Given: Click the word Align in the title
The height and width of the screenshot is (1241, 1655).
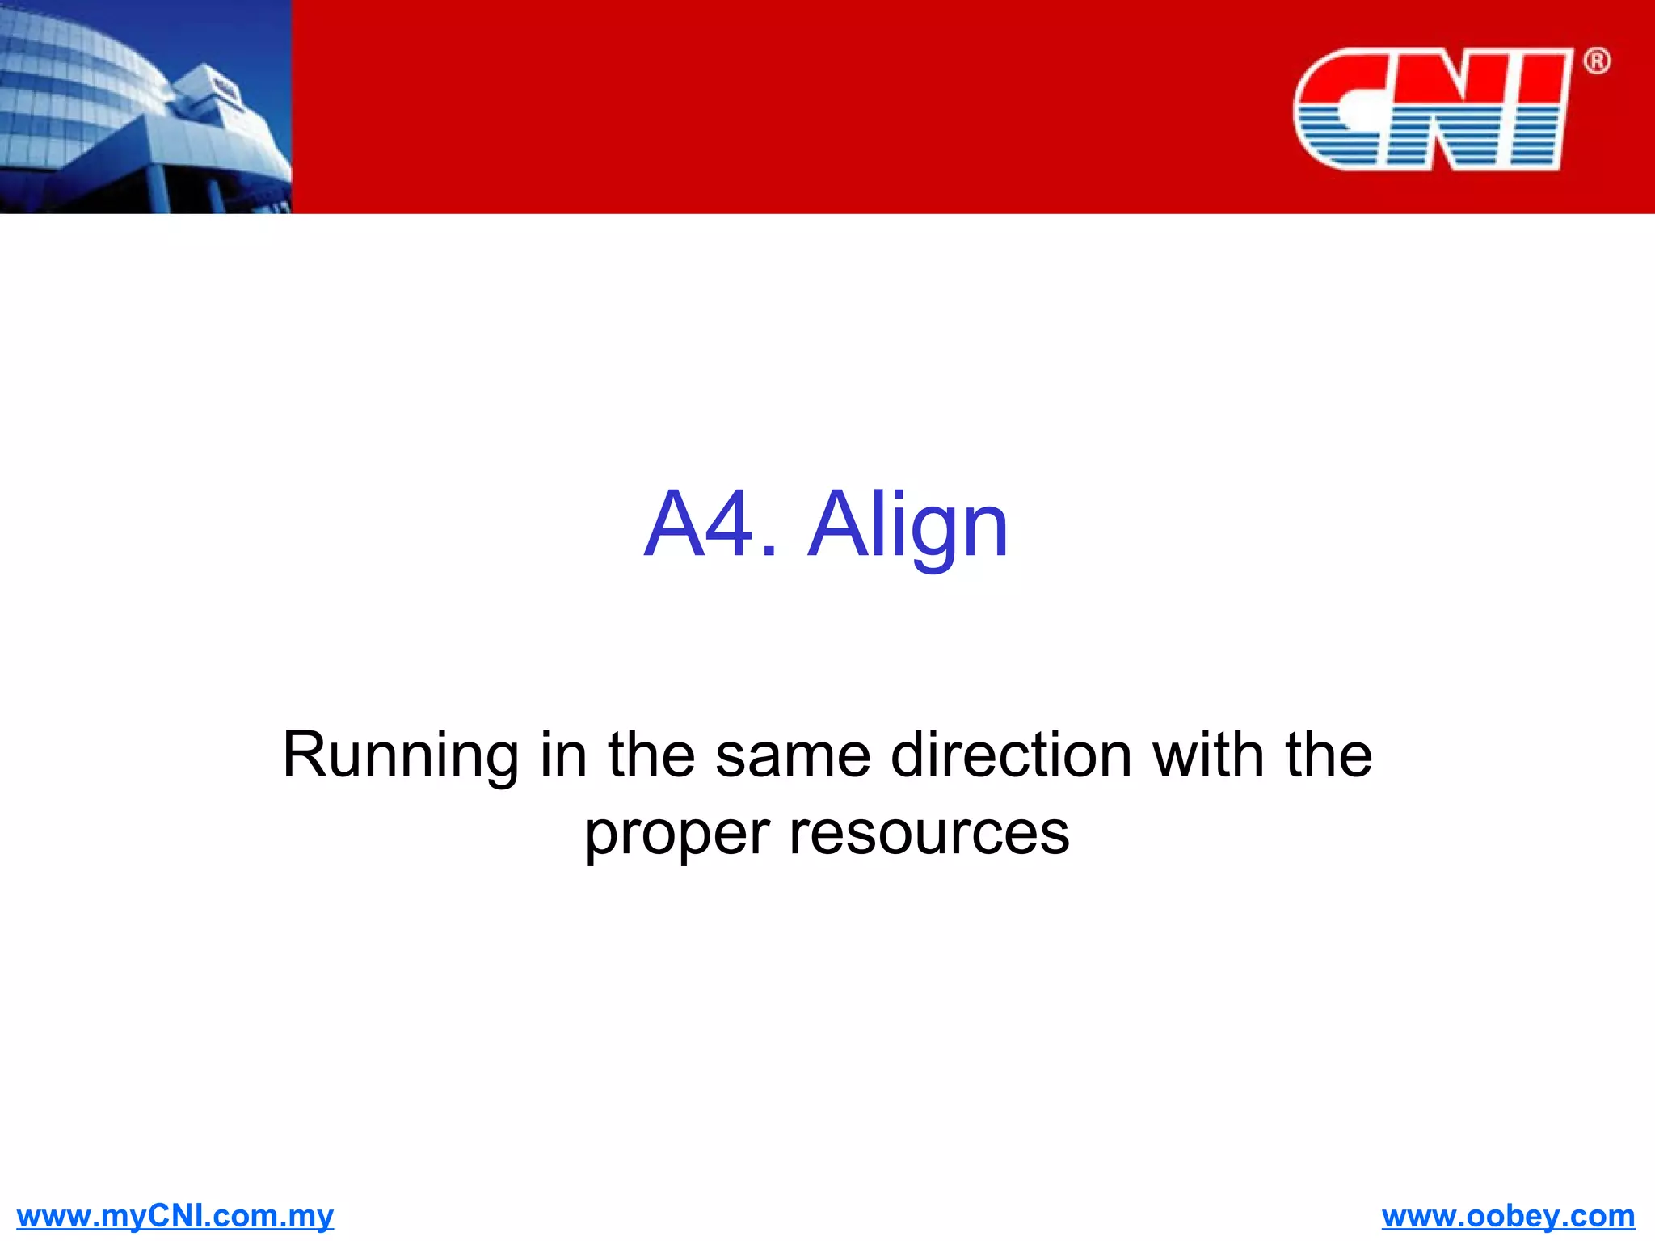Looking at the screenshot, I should [x=908, y=527].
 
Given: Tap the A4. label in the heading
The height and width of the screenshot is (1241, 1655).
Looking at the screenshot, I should [x=710, y=527].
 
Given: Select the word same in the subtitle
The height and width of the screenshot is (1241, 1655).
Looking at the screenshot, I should [x=793, y=755].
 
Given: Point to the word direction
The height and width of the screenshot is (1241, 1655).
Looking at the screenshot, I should [x=1011, y=755].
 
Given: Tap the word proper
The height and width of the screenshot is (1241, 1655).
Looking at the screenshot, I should [x=676, y=835].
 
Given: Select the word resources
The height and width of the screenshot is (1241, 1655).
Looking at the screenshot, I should [x=929, y=834].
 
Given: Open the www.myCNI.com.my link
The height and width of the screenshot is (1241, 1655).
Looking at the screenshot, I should [x=175, y=1215].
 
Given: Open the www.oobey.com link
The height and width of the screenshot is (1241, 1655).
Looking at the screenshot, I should [x=1508, y=1215].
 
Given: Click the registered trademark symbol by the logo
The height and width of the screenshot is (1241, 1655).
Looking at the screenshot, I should [x=1596, y=61].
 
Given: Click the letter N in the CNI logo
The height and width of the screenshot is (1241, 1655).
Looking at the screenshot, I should [x=1447, y=109].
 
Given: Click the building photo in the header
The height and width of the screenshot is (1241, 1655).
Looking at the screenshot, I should [x=145, y=107].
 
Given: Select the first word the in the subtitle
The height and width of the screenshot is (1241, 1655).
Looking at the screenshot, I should [x=651, y=755].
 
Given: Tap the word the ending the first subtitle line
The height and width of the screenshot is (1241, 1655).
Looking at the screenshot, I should [x=1329, y=755].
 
